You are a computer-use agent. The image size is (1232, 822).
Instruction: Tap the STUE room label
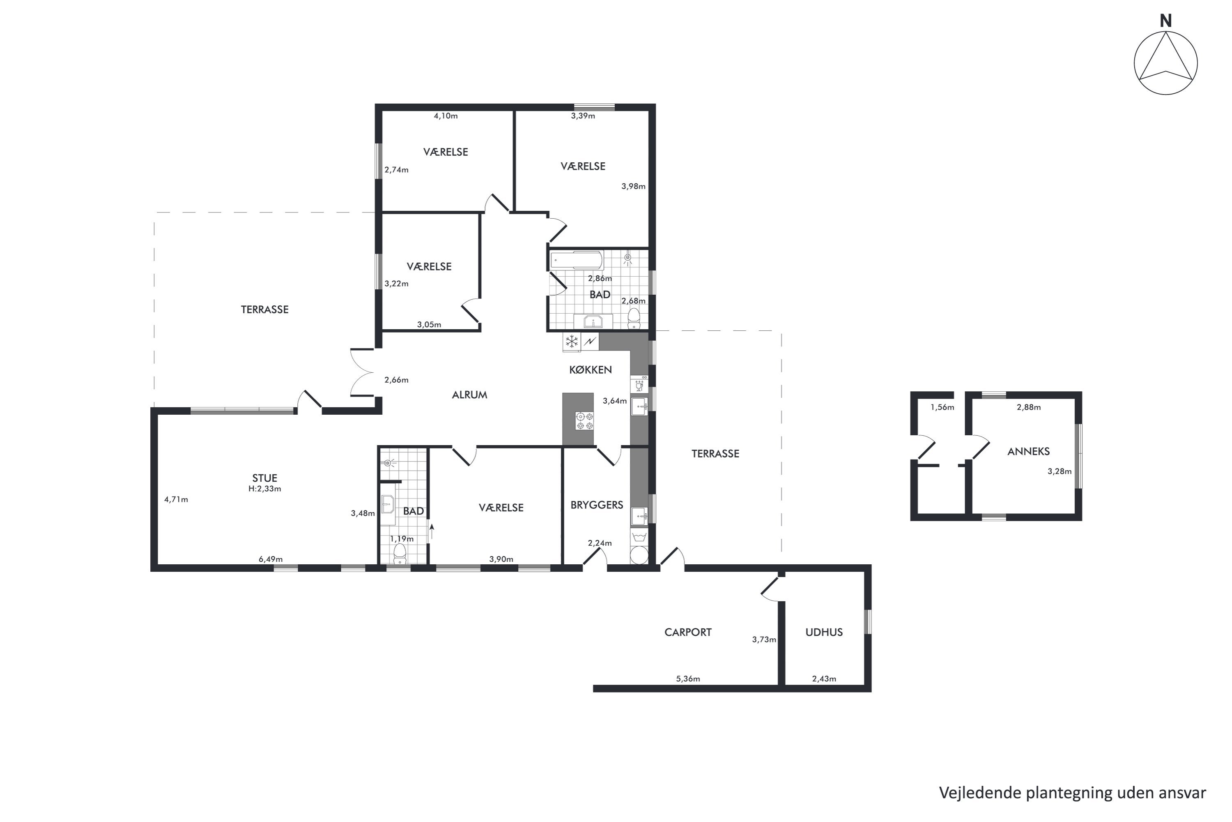pyautogui.click(x=264, y=478)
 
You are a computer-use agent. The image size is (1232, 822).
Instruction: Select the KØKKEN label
pyautogui.click(x=591, y=369)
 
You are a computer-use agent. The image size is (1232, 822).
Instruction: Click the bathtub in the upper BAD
pyautogui.click(x=576, y=261)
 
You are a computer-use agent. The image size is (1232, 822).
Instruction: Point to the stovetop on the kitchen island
pyautogui.click(x=584, y=420)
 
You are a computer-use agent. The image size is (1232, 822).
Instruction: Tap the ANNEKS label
pyautogui.click(x=1028, y=451)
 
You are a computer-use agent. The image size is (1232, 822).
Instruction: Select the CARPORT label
pyautogui.click(x=688, y=632)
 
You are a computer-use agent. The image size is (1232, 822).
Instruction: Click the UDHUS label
pyautogui.click(x=824, y=632)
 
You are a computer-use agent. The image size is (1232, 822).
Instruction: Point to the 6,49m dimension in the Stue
pyautogui.click(x=270, y=559)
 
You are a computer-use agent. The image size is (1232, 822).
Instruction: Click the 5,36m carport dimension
pyautogui.click(x=688, y=679)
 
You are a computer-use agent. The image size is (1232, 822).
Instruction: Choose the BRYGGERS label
pyautogui.click(x=597, y=505)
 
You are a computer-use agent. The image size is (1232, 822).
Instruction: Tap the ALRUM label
pyautogui.click(x=469, y=395)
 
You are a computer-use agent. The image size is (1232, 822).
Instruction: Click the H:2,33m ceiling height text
pyautogui.click(x=264, y=489)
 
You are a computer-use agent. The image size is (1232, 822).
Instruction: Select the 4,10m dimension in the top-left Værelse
pyautogui.click(x=445, y=116)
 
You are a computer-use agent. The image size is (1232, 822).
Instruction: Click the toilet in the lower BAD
pyautogui.click(x=400, y=553)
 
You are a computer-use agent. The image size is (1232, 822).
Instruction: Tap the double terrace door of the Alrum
pyautogui.click(x=361, y=372)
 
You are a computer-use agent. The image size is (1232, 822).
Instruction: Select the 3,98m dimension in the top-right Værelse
pyautogui.click(x=633, y=186)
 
